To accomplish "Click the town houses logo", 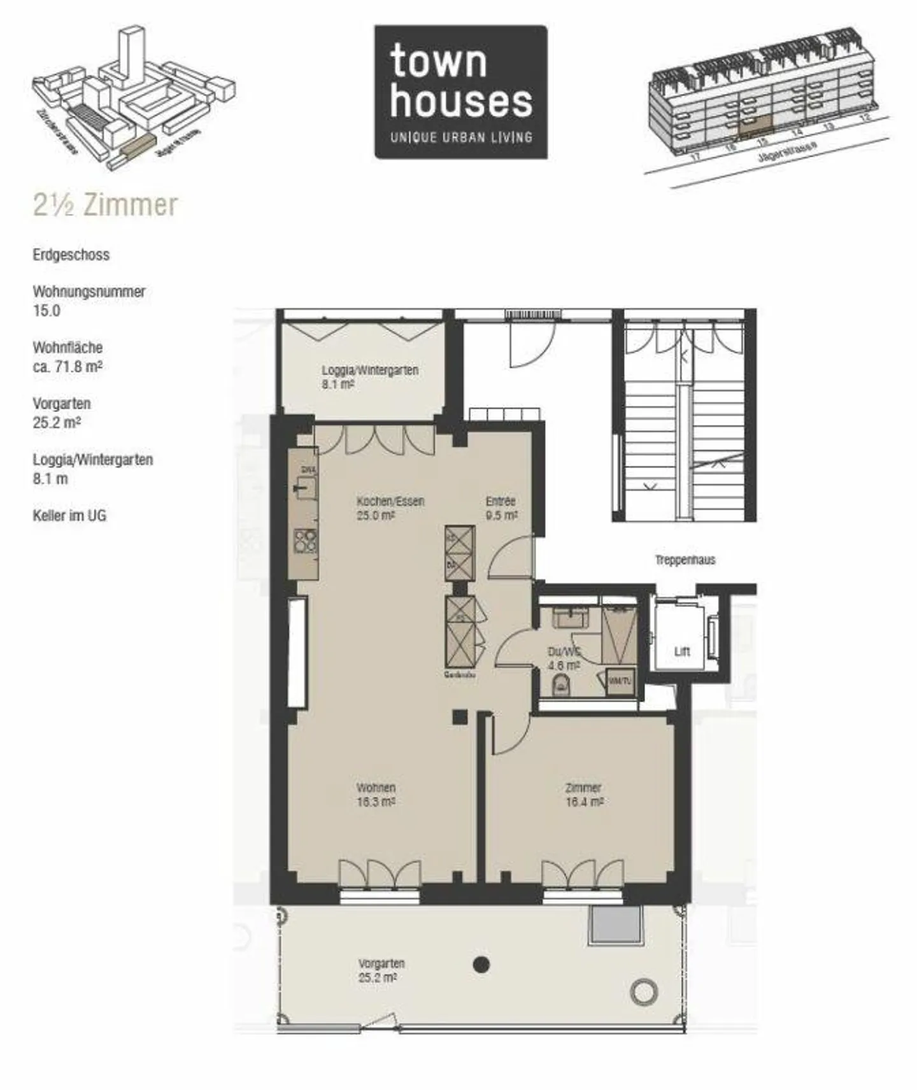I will tap(460, 92).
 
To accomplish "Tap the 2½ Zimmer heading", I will tap(105, 205).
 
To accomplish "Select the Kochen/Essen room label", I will tap(390, 508).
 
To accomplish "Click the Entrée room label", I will tap(501, 508).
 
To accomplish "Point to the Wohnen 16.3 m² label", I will tap(376, 795).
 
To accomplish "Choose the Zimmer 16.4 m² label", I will tap(583, 795).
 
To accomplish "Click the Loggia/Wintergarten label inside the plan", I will tap(369, 377).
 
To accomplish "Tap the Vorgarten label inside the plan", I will tap(381, 970).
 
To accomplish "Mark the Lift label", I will tap(682, 652).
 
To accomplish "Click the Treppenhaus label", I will tap(685, 560).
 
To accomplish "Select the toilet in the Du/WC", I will tap(560, 685).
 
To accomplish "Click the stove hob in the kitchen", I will tap(306, 541).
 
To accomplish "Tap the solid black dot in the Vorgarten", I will tap(482, 965).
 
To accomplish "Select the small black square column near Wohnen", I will tap(460, 717).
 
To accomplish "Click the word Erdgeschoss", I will tap(71, 255).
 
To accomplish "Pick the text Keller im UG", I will tap(69, 516).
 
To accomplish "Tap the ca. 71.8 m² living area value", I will tap(68, 367).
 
